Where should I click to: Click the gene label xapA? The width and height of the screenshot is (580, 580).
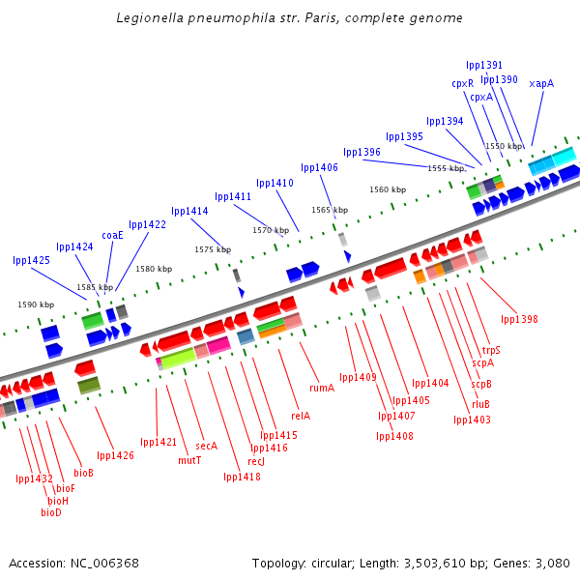pos(541,84)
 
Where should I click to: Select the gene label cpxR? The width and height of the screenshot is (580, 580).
pos(463,83)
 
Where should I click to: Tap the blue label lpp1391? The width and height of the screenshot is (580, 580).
pos(484,66)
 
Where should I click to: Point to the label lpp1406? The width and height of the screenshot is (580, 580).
pos(319,168)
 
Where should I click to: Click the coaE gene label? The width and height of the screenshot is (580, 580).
pos(112,235)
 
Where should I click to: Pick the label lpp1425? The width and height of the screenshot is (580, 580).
pos(32,261)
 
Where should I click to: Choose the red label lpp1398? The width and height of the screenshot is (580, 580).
pos(519,319)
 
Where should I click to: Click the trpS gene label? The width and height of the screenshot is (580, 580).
pos(491,350)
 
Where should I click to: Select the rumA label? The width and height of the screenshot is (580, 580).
pos(322,388)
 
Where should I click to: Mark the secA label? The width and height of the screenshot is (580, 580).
pos(206,446)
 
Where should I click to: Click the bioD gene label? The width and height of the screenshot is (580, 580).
pos(51,512)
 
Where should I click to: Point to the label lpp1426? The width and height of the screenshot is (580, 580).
pos(115,455)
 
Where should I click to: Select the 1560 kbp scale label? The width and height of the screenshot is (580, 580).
pos(388,190)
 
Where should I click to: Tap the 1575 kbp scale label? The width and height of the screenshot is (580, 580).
pos(213,249)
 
